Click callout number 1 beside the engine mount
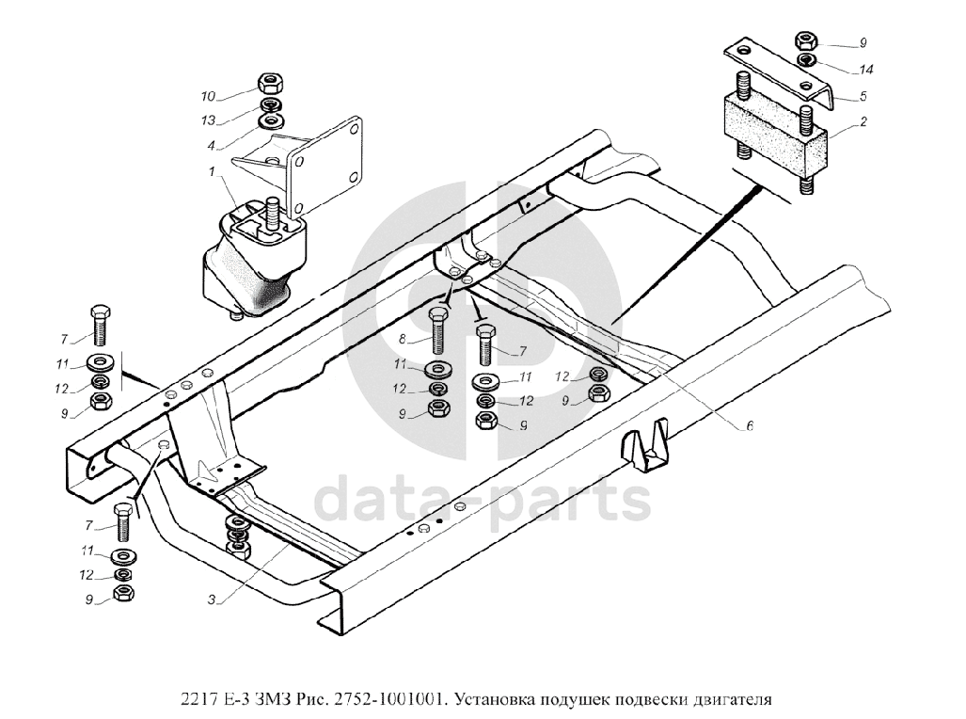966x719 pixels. [213, 170]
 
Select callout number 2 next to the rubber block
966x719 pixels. [863, 121]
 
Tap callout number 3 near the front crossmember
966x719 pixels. [213, 599]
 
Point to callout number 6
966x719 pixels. [750, 425]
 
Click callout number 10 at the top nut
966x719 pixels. [208, 96]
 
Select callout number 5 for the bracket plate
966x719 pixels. [863, 96]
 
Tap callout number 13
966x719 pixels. [208, 120]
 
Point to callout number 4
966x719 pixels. [211, 145]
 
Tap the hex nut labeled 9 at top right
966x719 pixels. [807, 41]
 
